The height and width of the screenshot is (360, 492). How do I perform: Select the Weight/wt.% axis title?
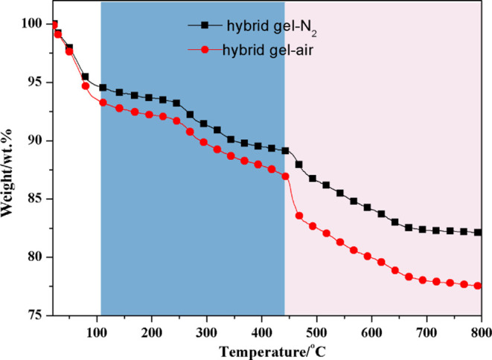click(x=10, y=169)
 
